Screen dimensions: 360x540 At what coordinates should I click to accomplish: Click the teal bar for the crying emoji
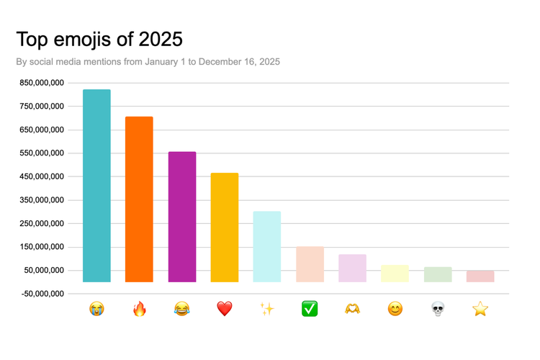(96, 186)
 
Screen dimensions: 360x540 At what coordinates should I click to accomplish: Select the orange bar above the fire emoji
(139, 199)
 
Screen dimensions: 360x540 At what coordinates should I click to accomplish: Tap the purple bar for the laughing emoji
(182, 217)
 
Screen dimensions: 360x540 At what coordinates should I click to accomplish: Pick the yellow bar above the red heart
(225, 228)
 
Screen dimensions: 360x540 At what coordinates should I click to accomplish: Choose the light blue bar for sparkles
(267, 247)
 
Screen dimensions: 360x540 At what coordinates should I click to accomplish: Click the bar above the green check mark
(310, 264)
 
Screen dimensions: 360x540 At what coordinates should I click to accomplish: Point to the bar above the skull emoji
(438, 274)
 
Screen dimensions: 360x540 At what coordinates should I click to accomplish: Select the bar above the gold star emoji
(480, 276)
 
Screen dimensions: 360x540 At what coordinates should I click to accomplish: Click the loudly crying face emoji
(96, 309)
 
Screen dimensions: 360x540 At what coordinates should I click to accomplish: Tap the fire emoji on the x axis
(139, 309)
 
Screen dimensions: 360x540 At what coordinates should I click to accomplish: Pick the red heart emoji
(225, 309)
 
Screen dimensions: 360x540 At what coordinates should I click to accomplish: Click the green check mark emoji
(310, 309)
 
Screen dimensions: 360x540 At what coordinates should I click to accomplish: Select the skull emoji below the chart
(438, 309)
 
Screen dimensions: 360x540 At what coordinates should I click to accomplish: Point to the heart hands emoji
(352, 309)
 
